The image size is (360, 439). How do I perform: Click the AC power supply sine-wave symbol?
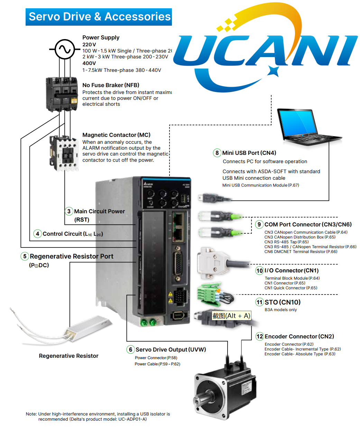click(x=65, y=49)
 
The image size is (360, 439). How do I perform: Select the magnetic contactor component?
click(x=64, y=153)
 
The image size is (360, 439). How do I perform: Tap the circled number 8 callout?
click(x=217, y=153)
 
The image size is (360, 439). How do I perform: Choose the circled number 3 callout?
click(x=69, y=211)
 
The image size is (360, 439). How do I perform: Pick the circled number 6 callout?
click(x=130, y=349)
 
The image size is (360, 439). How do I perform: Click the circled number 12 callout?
click(x=260, y=336)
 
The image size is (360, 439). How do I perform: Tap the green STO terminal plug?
click(x=209, y=295)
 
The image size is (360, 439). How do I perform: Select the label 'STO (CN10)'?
click(x=283, y=302)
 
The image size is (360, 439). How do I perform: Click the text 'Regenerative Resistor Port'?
click(x=72, y=256)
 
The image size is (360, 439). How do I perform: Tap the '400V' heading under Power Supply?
click(x=89, y=63)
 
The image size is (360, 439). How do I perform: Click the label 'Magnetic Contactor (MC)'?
click(x=116, y=135)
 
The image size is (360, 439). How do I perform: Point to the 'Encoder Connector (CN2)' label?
click(x=299, y=336)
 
